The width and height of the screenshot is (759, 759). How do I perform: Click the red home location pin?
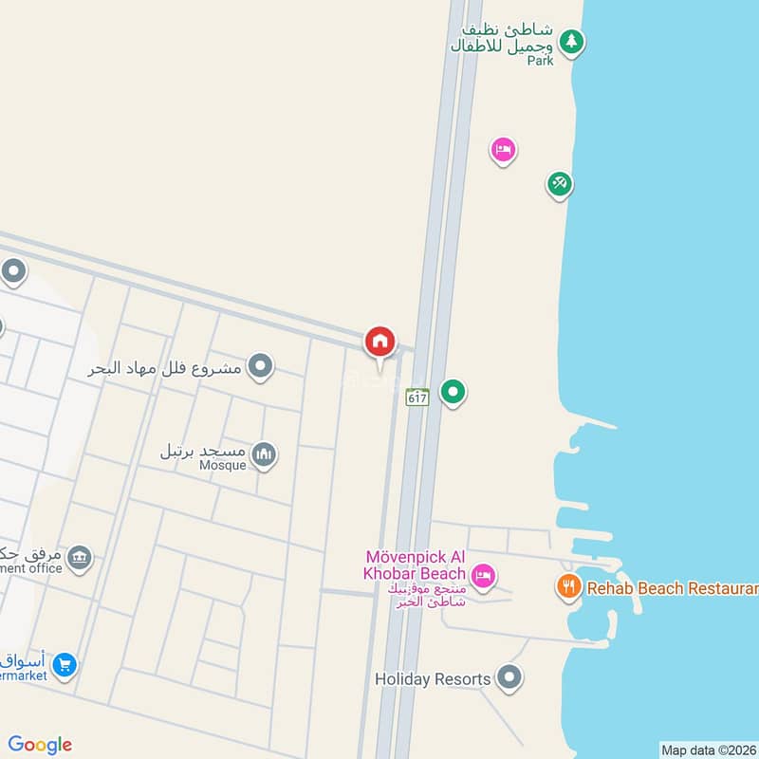(380, 342)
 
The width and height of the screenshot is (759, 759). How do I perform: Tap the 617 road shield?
(417, 397)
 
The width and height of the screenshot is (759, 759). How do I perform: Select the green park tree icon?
(570, 41)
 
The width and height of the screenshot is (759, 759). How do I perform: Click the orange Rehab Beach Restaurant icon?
(568, 586)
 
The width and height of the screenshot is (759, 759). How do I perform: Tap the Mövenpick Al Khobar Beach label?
(416, 565)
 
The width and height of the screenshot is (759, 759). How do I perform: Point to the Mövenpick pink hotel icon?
(483, 575)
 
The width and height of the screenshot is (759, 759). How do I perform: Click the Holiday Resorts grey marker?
(510, 677)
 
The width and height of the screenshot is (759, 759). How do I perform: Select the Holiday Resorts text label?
(433, 679)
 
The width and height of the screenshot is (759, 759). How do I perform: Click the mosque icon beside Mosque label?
(264, 455)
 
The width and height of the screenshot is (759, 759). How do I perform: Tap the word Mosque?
(223, 466)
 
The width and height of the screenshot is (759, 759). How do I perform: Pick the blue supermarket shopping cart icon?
(65, 664)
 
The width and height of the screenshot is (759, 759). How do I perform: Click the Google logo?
(40, 745)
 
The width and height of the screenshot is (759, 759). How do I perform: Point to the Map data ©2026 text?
(708, 750)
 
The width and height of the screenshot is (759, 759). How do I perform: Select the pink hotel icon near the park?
(503, 149)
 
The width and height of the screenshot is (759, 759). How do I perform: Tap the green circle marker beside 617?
(454, 391)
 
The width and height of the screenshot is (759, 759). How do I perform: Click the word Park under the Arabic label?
(540, 60)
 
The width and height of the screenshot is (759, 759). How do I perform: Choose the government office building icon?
(80, 556)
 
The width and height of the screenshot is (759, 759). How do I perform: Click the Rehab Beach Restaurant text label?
(673, 588)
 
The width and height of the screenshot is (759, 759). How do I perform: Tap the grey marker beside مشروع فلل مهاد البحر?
(260, 365)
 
